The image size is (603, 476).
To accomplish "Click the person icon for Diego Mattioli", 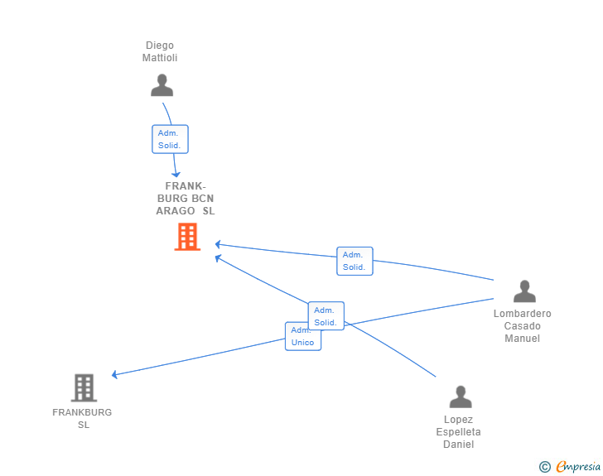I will (x=162, y=85).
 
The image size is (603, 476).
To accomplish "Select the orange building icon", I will (x=187, y=237).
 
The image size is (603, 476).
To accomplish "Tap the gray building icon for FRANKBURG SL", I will (x=84, y=387).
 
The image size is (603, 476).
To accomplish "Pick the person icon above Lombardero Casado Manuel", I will (x=524, y=291).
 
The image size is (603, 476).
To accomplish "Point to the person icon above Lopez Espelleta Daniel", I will (x=461, y=397).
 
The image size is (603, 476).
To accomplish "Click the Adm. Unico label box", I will (x=302, y=336).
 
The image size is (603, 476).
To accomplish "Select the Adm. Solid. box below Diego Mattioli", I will (x=170, y=139).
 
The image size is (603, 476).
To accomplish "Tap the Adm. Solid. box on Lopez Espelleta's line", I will (x=326, y=316).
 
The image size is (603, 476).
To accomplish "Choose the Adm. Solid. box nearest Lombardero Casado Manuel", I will (x=355, y=261).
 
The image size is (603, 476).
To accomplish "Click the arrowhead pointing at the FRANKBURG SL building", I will (x=115, y=375).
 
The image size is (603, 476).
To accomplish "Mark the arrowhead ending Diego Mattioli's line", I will (x=176, y=174).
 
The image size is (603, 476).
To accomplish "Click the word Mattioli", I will (x=160, y=58).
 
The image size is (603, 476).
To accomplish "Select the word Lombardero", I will (x=523, y=314).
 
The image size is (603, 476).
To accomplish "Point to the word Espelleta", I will (x=459, y=432).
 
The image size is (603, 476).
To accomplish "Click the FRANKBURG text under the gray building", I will (x=82, y=412).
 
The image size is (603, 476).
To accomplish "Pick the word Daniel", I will (x=459, y=445).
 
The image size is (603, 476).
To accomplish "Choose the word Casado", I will (x=523, y=326).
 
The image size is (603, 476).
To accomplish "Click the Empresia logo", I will (x=578, y=467).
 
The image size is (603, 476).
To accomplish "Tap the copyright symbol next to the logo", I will (x=545, y=467).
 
